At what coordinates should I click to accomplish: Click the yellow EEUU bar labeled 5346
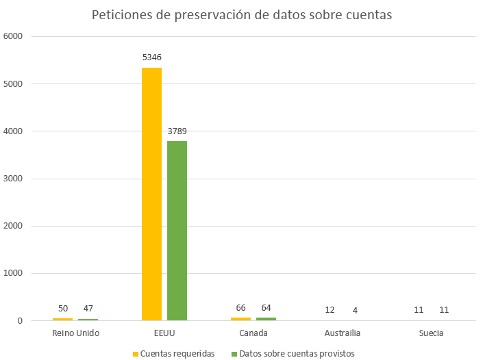coord(151,194)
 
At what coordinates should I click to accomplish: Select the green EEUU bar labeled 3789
coord(177,231)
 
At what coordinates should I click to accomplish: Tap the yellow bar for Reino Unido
coord(62,319)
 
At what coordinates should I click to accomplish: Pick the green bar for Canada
coord(266,319)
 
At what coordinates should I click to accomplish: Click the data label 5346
coord(151,57)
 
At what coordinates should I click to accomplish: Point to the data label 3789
coord(177,130)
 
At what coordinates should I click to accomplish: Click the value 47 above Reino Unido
coord(88,309)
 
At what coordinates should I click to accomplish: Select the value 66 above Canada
coord(240,308)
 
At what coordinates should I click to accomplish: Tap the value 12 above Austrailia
coord(329,310)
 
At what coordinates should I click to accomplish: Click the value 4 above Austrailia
coord(355,310)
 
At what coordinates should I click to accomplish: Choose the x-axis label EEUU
coord(164,333)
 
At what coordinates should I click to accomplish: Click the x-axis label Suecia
coord(432,333)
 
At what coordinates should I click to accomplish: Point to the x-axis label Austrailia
coord(342,333)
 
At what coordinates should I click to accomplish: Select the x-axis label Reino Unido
coord(75,333)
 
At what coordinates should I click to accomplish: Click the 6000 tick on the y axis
coord(14,37)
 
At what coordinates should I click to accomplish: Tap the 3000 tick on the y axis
coord(14,179)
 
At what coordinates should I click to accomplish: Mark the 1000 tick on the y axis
coord(14,274)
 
